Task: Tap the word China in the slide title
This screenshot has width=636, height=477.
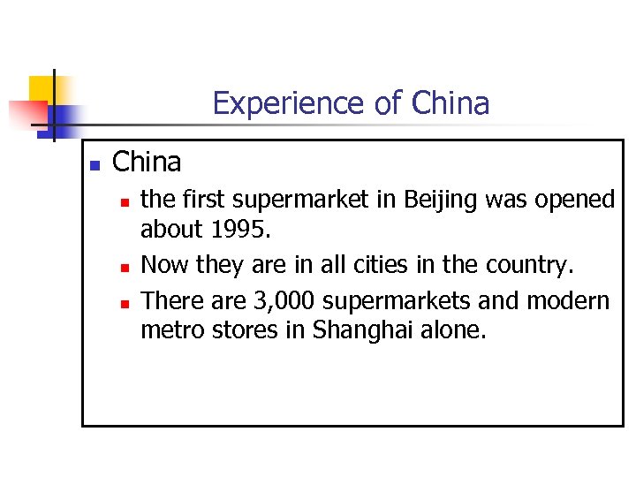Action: click(x=450, y=104)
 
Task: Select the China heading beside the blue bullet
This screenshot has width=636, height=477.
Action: click(x=147, y=163)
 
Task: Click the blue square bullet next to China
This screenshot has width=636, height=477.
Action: click(x=95, y=165)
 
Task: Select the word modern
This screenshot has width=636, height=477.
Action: click(x=568, y=301)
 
